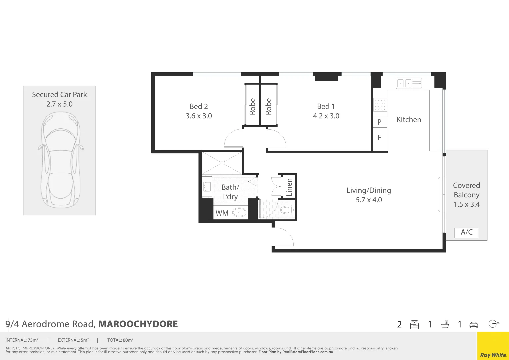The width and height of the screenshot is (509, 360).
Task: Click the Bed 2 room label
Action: [x=199, y=106]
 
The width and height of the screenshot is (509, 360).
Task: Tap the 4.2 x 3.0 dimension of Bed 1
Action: [x=326, y=116]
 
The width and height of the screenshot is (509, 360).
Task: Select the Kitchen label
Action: [x=409, y=120]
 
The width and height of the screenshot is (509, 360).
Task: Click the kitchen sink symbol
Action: [x=409, y=83]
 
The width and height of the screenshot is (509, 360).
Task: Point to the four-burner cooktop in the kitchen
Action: [x=380, y=105]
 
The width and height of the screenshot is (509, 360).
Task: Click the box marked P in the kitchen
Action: [x=379, y=122]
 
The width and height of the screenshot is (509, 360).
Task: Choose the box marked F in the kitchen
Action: [x=379, y=137]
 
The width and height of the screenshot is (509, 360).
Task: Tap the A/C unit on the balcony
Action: [x=466, y=232]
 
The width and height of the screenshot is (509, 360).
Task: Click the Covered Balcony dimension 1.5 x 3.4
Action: [x=467, y=204]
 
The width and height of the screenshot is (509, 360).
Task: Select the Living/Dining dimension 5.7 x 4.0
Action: [x=369, y=200]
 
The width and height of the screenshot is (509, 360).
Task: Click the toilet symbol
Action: [x=286, y=210]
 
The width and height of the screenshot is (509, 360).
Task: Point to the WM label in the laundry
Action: [x=222, y=213]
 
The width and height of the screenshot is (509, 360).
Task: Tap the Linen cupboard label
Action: [x=289, y=187]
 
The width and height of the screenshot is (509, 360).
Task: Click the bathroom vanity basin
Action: [x=207, y=187]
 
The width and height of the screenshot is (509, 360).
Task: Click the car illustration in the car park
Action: [x=60, y=160]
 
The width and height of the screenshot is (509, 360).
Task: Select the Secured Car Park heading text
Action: [x=59, y=95]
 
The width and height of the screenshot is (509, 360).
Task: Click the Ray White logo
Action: [x=493, y=355]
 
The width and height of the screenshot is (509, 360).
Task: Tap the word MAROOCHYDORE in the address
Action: [x=138, y=324]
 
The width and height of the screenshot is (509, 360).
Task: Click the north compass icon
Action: [x=493, y=324]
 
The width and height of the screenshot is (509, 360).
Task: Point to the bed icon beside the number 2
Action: [x=414, y=324]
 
